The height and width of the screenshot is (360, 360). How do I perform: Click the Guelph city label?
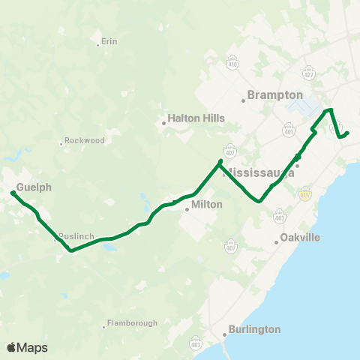34,187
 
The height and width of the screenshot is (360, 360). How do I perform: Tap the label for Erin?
109,42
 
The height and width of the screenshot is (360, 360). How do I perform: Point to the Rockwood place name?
85,140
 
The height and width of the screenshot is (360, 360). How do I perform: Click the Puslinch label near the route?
77,236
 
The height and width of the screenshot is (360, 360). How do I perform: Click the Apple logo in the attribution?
11,347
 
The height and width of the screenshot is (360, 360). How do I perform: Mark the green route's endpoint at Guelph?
13,193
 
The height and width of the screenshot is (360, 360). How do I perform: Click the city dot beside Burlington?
224,334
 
